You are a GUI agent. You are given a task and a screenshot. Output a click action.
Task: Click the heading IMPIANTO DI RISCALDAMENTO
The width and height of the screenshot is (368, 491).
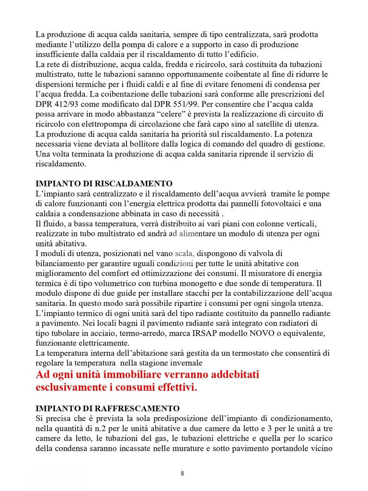[104, 184]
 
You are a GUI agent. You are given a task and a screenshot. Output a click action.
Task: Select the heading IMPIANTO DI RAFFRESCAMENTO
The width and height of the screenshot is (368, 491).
[108, 409]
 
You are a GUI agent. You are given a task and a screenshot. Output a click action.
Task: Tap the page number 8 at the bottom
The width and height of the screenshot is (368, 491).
[183, 474]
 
